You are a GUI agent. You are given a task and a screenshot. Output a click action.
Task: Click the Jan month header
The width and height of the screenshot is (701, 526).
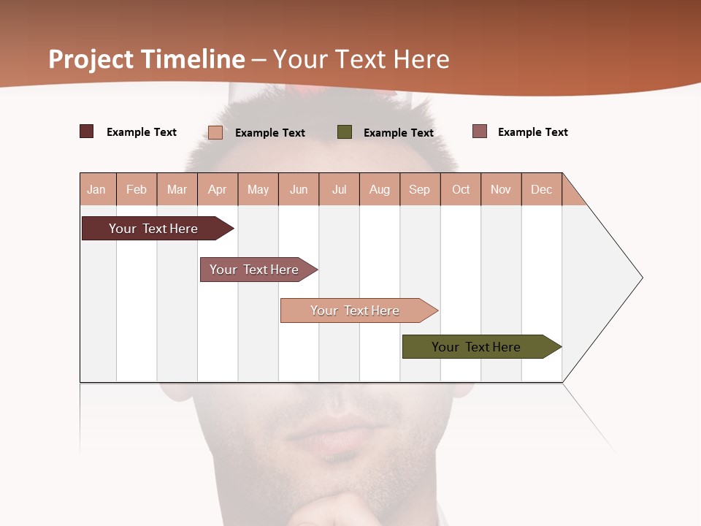(97, 189)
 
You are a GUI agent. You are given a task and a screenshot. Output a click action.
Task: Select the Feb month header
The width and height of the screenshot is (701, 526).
(137, 189)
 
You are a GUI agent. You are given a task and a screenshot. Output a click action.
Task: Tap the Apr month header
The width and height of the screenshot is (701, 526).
(218, 189)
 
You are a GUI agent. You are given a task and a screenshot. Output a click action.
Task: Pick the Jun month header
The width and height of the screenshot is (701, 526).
(299, 189)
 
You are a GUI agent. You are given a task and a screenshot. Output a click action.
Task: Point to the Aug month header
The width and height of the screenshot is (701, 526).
(380, 189)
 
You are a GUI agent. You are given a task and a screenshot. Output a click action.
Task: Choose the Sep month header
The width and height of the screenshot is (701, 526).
(420, 189)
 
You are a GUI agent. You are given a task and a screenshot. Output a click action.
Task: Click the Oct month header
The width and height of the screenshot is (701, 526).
(461, 189)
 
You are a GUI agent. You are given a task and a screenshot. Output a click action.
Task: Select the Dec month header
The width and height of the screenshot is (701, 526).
(542, 189)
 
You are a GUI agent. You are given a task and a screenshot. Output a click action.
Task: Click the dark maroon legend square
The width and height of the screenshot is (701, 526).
(87, 131)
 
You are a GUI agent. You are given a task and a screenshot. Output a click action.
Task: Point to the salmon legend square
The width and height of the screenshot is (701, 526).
(215, 132)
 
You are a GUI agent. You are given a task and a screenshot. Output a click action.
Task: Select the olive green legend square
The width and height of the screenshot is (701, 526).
(345, 131)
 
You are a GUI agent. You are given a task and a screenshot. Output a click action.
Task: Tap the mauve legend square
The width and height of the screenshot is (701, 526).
(480, 131)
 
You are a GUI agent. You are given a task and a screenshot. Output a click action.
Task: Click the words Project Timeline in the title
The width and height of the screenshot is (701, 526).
(147, 59)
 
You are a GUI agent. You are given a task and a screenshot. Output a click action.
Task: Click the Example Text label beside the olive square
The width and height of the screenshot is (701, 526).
(399, 132)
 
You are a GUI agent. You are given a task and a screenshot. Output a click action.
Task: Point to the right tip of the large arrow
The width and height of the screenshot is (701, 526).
(640, 278)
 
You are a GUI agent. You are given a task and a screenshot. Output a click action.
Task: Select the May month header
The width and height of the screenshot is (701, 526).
(258, 189)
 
